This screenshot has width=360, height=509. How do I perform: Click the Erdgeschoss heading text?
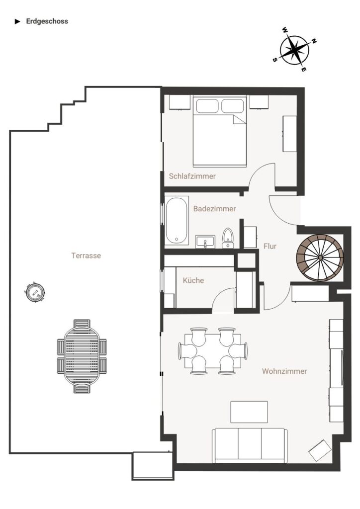(47, 21)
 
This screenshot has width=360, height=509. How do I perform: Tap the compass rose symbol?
(294, 50)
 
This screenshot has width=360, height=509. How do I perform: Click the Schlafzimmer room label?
(192, 176)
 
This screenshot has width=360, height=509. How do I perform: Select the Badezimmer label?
(214, 209)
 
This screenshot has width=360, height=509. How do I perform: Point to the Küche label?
(193, 280)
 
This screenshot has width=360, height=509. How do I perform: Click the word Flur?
(270, 247)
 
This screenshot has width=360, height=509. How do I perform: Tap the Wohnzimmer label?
(284, 371)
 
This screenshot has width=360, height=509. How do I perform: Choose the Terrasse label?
(86, 255)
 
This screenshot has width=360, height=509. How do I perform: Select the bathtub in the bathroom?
(176, 220)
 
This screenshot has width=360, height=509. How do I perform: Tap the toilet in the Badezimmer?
(228, 238)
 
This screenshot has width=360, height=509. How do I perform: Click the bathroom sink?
(205, 242)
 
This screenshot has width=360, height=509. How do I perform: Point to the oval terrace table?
(82, 356)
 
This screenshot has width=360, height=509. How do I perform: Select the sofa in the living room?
(250, 445)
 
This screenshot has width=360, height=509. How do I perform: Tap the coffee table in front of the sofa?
(249, 412)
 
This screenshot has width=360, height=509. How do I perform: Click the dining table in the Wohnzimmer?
(213, 351)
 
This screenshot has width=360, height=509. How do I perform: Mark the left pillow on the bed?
(207, 106)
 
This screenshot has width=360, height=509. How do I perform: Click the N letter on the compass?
(314, 41)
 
